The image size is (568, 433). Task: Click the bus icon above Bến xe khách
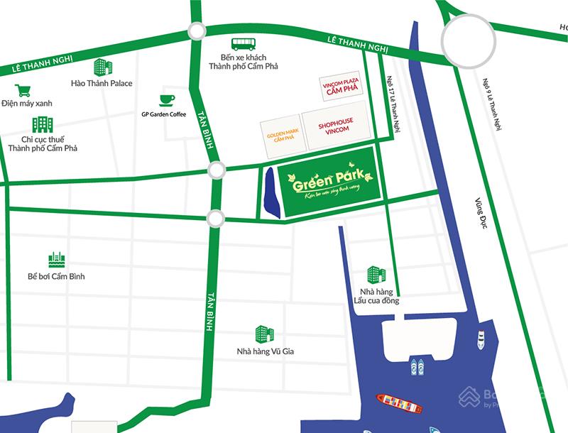[x=239, y=44]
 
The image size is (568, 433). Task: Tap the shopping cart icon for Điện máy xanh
[x=23, y=90]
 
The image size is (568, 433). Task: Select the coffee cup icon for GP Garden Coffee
[x=168, y=99]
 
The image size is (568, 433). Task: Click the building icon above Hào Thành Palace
[x=102, y=68]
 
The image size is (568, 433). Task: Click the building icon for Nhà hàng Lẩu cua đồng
[x=375, y=275]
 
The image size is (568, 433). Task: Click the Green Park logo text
[x=328, y=177]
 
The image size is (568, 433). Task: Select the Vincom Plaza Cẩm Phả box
[x=341, y=86]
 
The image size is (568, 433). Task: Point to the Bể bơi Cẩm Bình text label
[x=56, y=276]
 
